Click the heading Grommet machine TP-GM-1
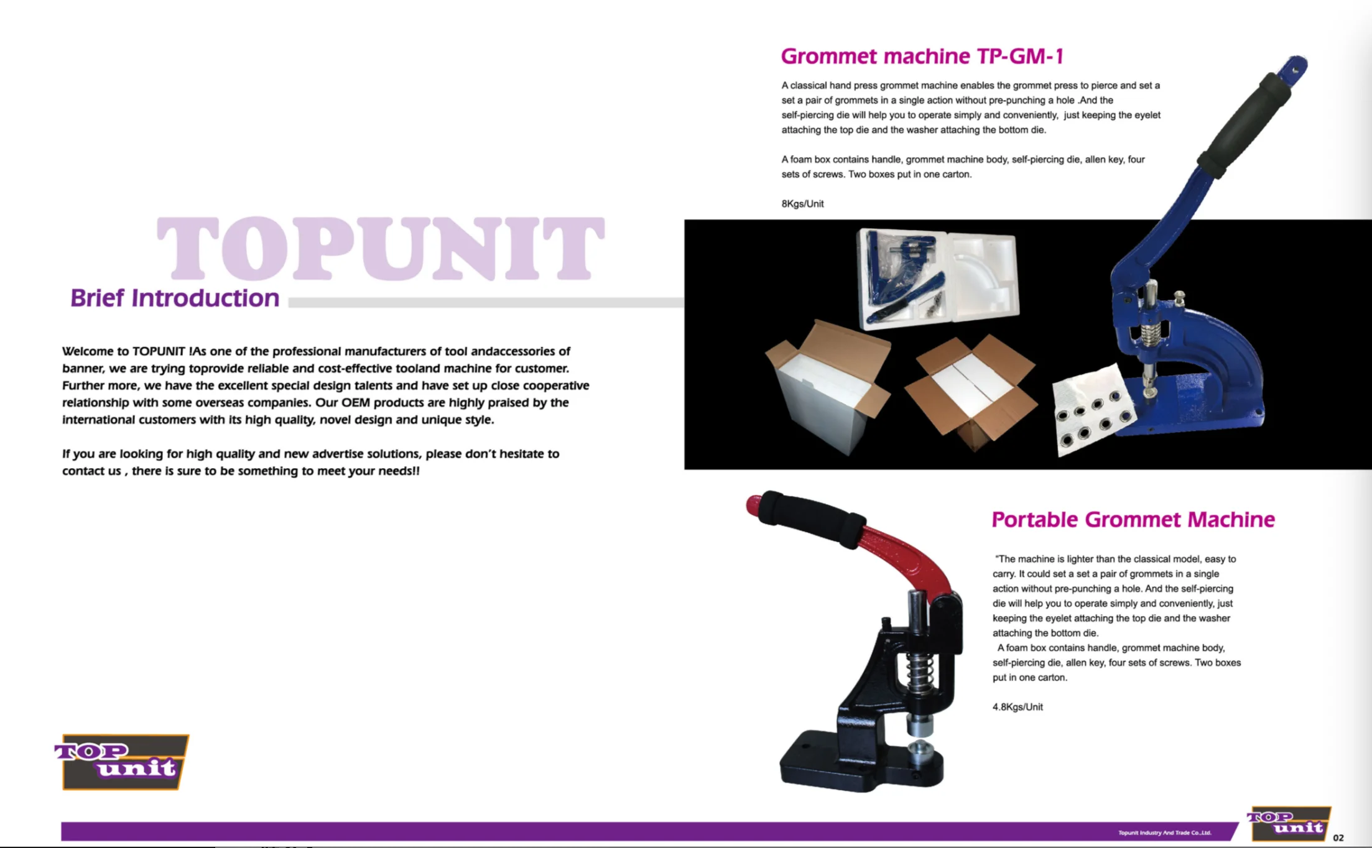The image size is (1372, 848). tap(922, 57)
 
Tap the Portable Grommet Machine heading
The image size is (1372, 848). tap(1133, 520)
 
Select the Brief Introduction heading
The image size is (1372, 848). tap(175, 298)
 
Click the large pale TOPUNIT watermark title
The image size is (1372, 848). tap(380, 249)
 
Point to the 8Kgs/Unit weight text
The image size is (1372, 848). tap(802, 204)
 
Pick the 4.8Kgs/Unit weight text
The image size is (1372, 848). tap(1017, 707)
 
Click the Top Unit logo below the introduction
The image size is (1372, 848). tap(123, 762)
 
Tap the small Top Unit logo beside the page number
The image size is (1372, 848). tap(1288, 823)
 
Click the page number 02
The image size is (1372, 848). tap(1338, 838)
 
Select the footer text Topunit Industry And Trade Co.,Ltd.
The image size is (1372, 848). tap(1164, 832)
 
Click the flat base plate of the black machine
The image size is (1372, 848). tap(858, 765)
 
